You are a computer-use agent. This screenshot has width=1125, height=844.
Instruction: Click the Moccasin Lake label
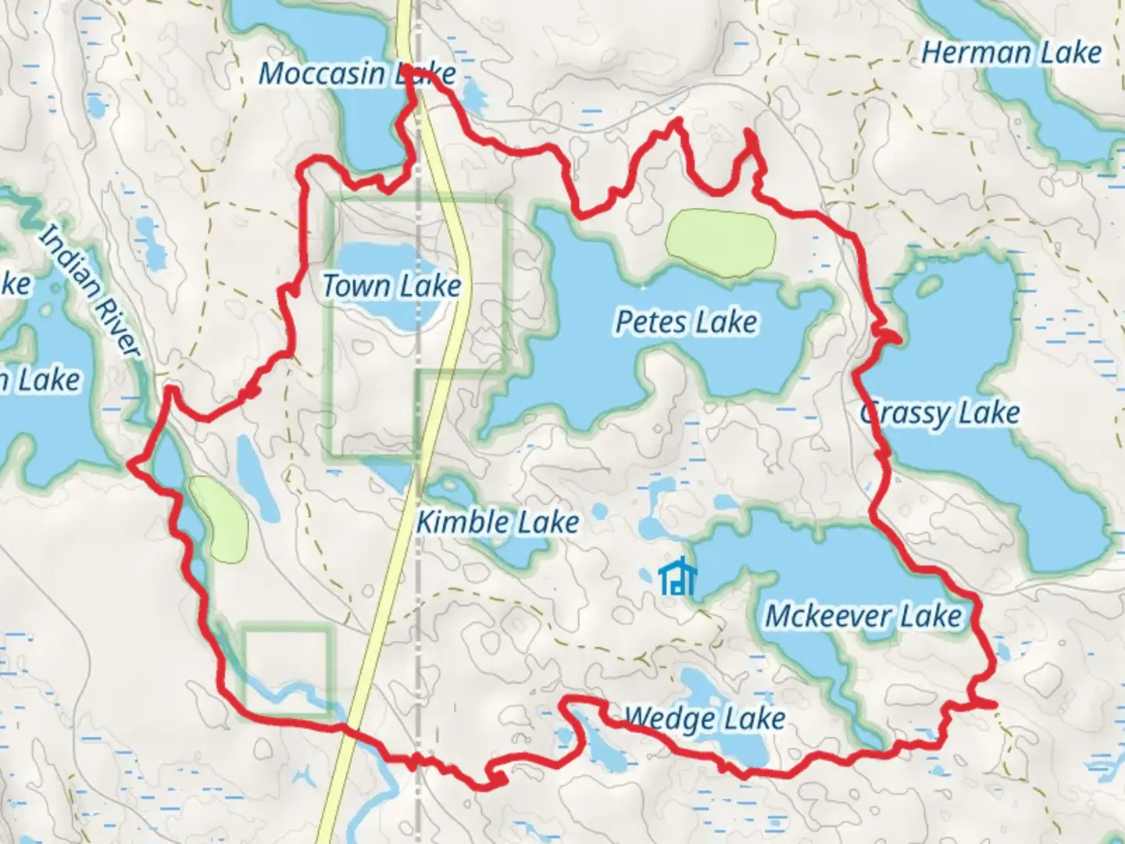pos(356,73)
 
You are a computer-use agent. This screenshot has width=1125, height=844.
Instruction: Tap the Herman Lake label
pos(1011,53)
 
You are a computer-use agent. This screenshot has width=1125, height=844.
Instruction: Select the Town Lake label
pos(391,286)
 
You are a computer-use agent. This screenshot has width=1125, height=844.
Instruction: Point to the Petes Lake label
pos(686,322)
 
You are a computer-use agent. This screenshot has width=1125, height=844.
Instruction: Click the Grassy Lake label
pos(941,413)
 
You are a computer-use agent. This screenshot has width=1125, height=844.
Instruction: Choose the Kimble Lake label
pos(498,522)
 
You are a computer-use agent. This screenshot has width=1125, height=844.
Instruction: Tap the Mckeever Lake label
pos(863,616)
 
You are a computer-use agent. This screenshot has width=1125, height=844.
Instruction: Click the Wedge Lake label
pos(705,718)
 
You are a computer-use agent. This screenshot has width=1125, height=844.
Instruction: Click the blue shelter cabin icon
pos(677,578)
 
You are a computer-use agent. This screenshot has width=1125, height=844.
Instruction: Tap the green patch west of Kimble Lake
pos(220,519)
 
